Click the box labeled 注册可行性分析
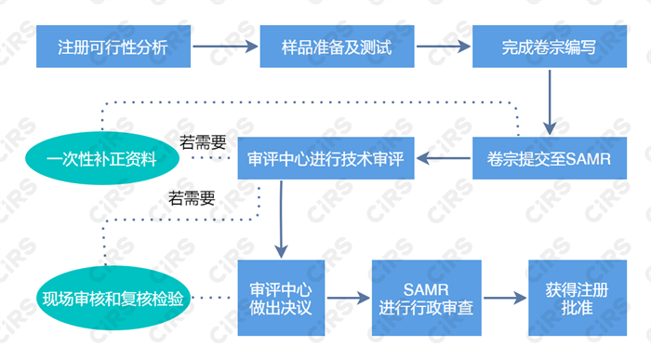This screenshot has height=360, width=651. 113,45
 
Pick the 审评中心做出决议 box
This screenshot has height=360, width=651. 280,298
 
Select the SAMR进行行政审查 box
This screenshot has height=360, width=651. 426,298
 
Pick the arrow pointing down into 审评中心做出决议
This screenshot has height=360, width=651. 280,223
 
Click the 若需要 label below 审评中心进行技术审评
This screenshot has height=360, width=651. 192,198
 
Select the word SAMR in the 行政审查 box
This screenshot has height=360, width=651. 426,287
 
